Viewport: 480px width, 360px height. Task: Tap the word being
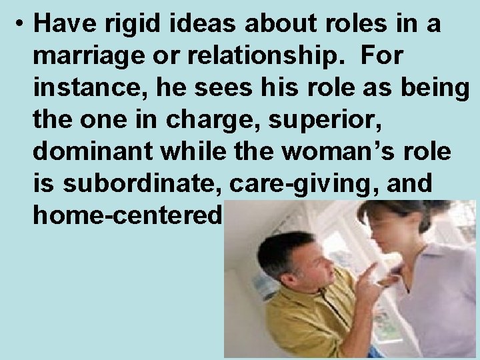pyautogui.click(x=434, y=89)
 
